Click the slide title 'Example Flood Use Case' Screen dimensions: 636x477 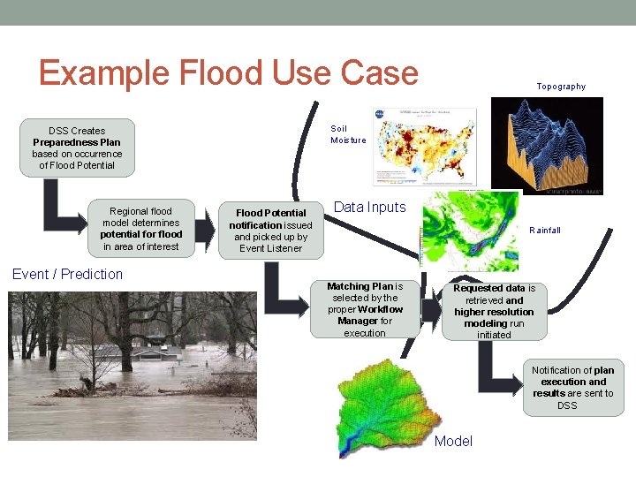[228, 72]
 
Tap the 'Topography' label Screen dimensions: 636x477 [561, 87]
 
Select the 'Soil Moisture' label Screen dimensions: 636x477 [348, 134]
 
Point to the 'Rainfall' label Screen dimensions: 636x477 [545, 231]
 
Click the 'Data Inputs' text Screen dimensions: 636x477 [369, 208]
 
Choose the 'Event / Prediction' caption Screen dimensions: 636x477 [68, 274]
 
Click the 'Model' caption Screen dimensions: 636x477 [454, 441]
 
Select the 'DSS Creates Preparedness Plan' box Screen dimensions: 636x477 [77, 148]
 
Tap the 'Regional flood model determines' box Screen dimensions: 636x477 [141, 229]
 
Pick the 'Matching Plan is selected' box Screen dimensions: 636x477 [365, 309]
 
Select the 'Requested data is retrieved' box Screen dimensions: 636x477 [494, 311]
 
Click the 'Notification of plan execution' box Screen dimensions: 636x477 [572, 388]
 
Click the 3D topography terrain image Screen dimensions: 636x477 [547, 146]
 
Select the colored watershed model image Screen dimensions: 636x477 [389, 405]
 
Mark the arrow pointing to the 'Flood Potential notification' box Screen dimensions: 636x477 [203, 231]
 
